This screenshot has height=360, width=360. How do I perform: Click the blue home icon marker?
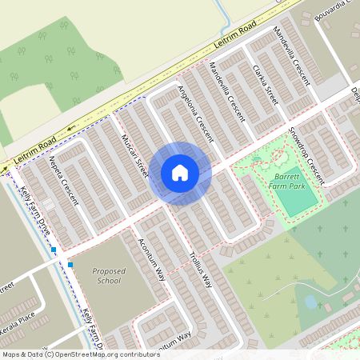pyautogui.click(x=180, y=172)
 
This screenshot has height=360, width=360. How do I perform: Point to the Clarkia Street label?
pyautogui.click(x=265, y=85)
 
